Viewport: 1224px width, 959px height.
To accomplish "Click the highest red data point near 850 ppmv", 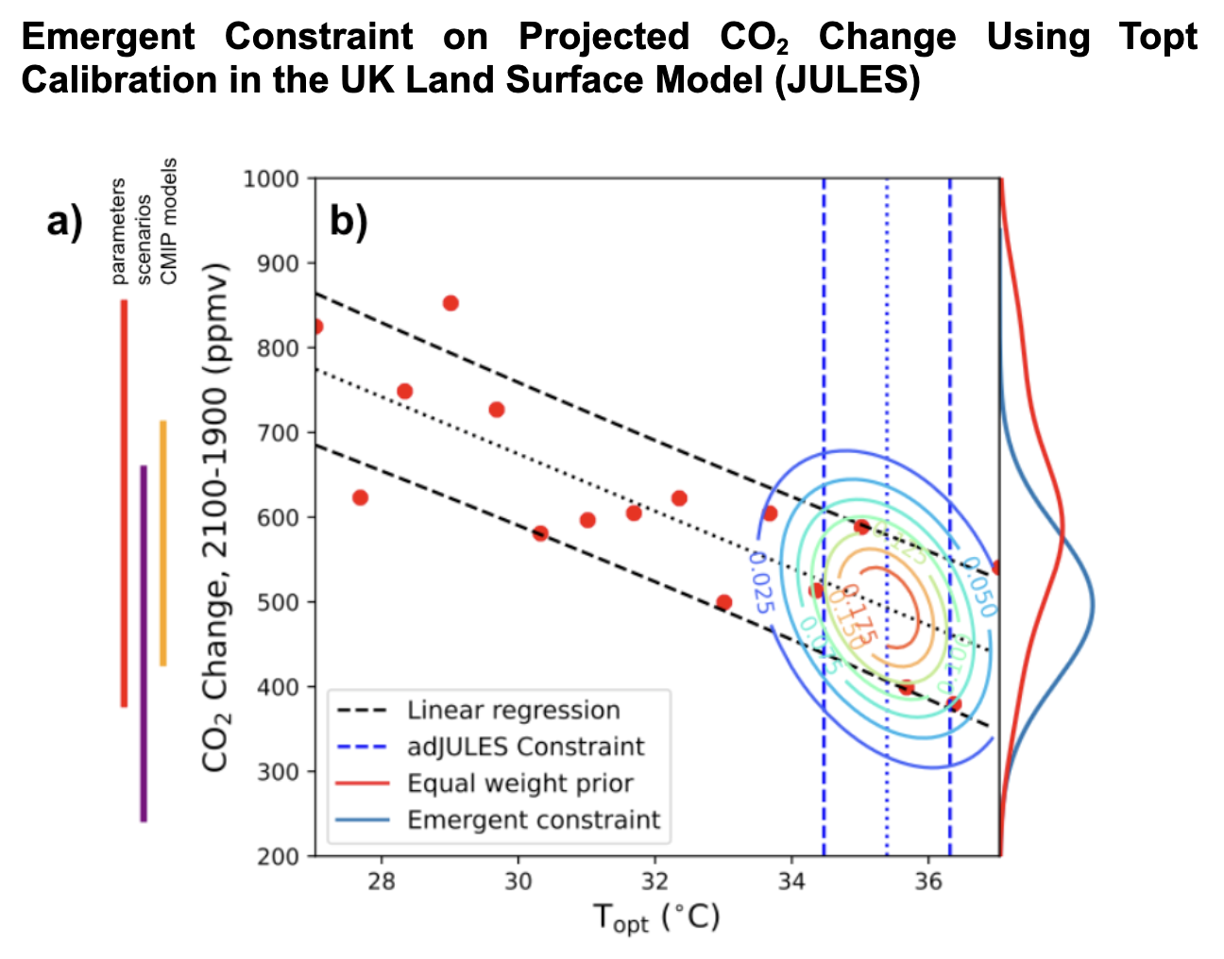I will click(x=450, y=303).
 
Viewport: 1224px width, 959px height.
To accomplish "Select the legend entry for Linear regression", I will click(x=514, y=711).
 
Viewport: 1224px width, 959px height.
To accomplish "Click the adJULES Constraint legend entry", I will click(x=525, y=747).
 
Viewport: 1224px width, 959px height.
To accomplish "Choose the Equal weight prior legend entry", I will click(x=519, y=783).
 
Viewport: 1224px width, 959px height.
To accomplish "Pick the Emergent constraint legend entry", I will click(x=534, y=820).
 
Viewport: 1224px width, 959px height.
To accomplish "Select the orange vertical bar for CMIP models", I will click(x=163, y=543).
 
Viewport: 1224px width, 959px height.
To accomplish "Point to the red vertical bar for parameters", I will click(x=124, y=502).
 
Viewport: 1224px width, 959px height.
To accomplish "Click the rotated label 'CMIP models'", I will click(x=169, y=221).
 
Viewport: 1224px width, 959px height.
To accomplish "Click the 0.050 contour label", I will click(x=979, y=588).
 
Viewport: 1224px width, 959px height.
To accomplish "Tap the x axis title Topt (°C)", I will click(x=655, y=918).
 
